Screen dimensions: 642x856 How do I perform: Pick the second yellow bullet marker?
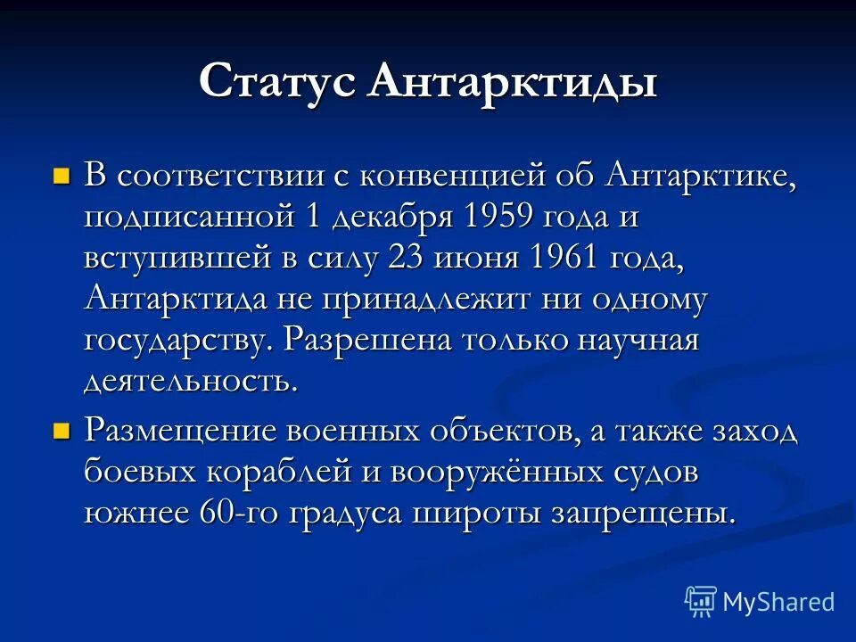tap(62, 432)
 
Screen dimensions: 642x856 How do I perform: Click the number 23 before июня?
tap(407, 257)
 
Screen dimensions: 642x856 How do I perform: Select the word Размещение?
tap(181, 432)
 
